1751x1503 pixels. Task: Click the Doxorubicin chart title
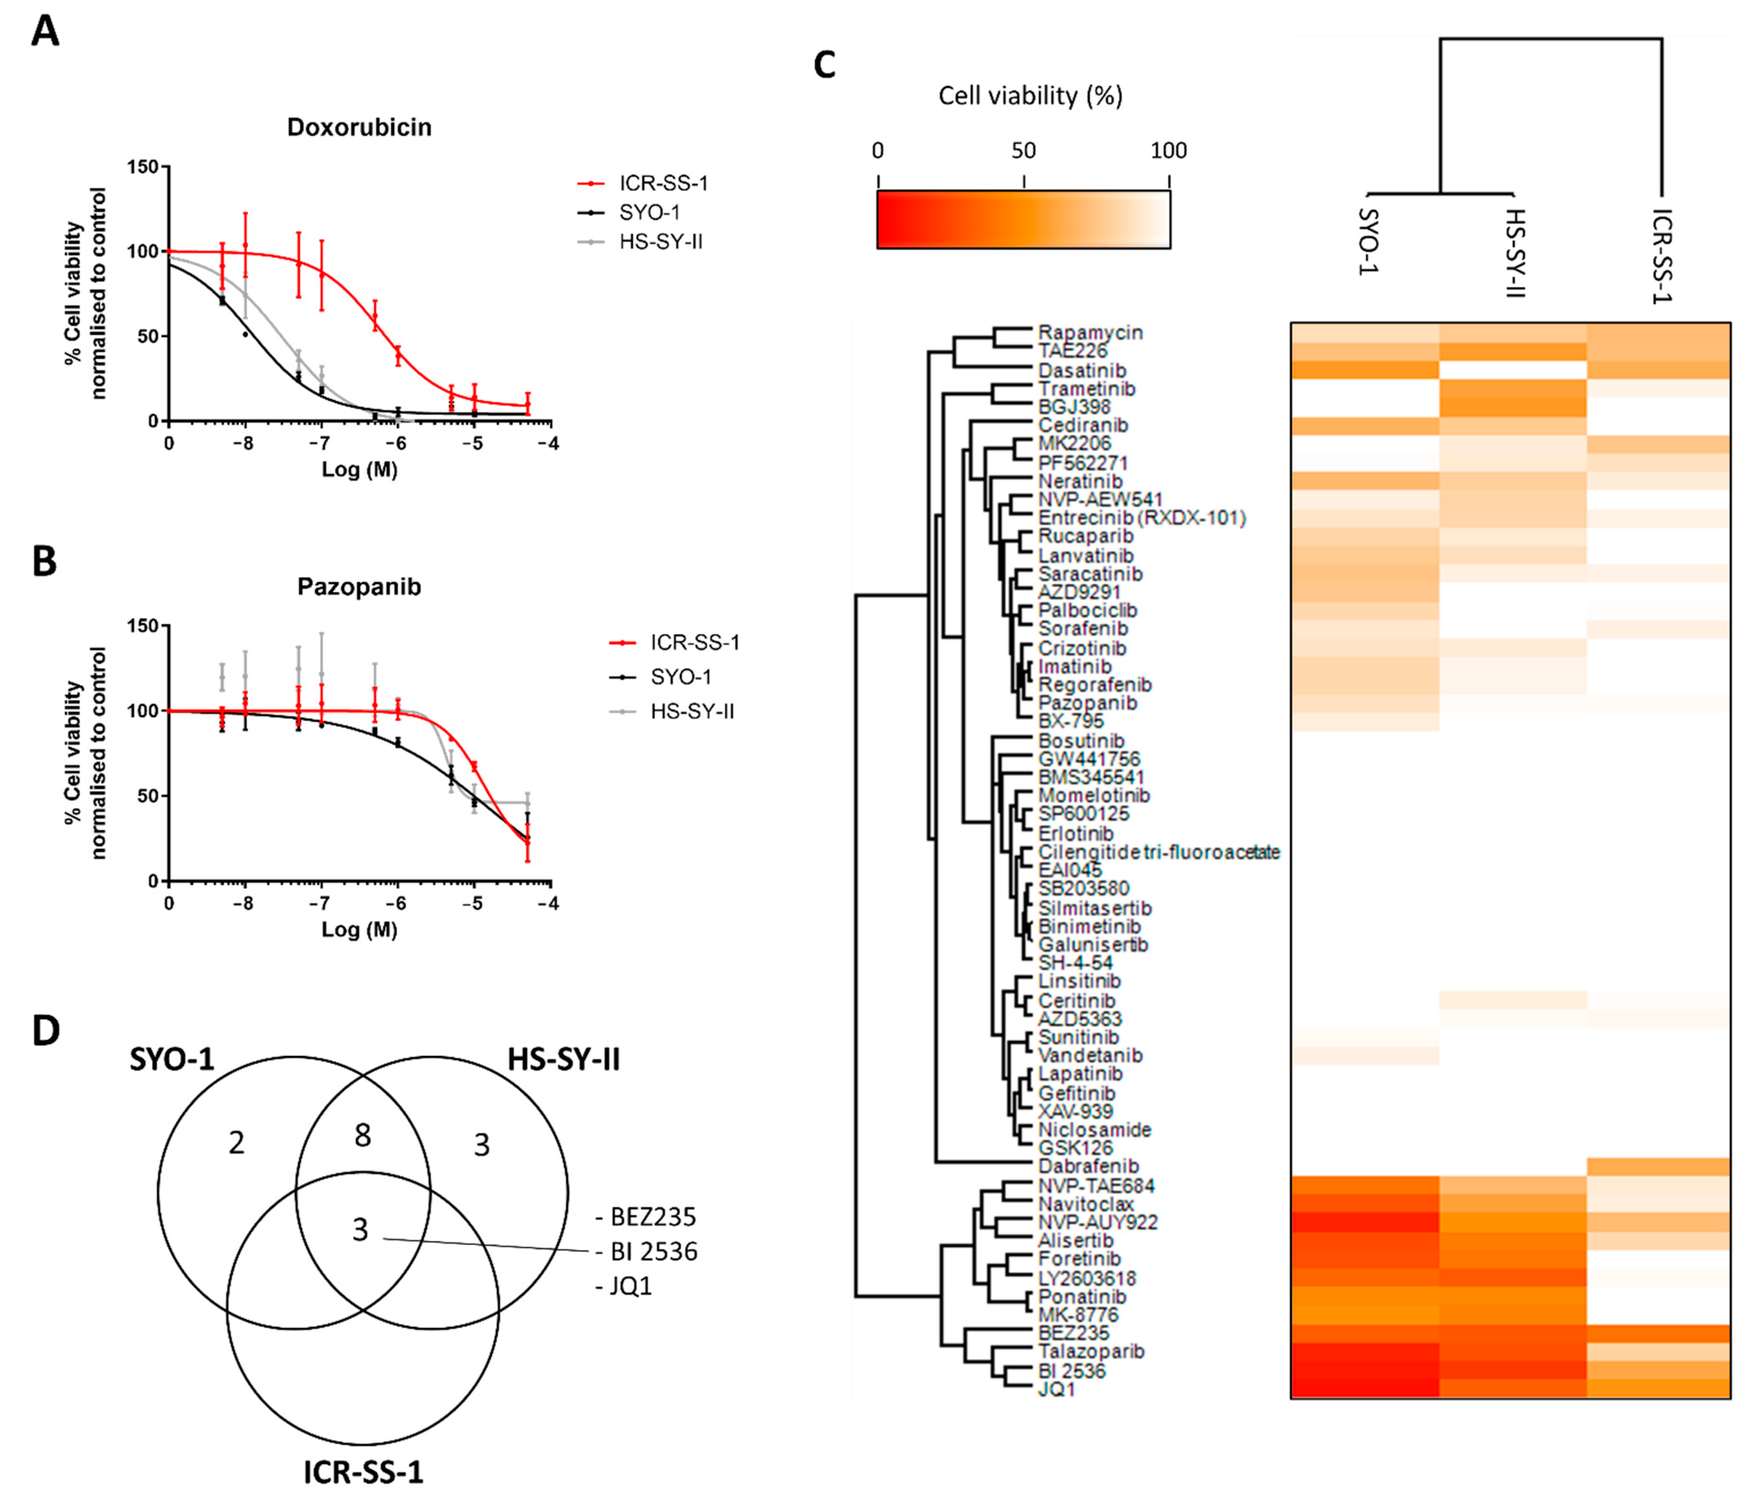[359, 128]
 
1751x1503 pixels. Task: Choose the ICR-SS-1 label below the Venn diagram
[364, 1473]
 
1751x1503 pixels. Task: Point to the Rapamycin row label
[1090, 332]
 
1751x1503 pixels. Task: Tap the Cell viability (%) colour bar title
[1030, 96]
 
